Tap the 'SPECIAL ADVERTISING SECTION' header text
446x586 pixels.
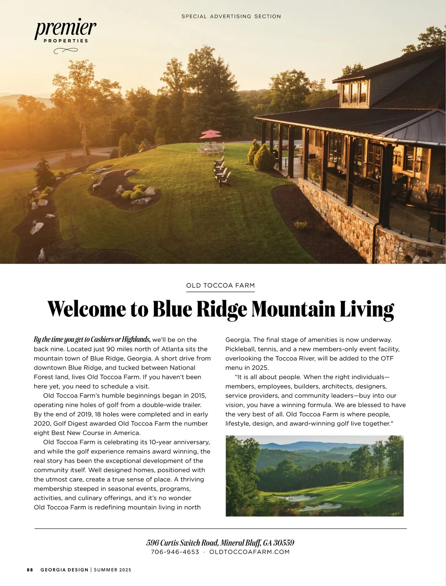(231, 16)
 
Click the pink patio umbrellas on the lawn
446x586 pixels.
(211, 133)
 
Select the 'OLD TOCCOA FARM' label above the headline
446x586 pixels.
(220, 286)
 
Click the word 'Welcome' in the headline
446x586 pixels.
(87, 309)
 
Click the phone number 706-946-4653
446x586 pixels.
(175, 552)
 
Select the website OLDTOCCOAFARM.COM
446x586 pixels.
(249, 552)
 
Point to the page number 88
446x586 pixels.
(30, 570)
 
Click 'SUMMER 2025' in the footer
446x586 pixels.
(113, 570)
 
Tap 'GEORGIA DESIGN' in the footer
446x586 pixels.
(64, 570)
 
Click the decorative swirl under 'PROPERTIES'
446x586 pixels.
(65, 51)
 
